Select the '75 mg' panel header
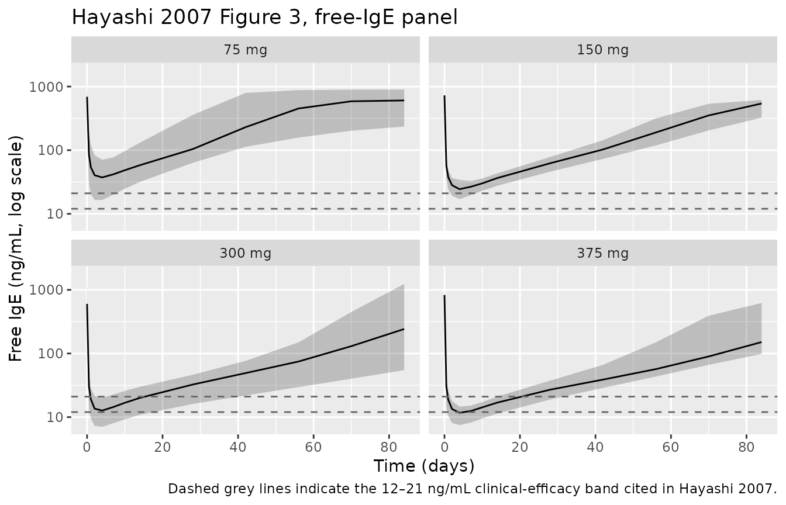246,50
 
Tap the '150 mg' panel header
603,50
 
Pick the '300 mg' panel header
246,253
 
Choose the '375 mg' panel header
603,253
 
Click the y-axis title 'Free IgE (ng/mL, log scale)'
17,249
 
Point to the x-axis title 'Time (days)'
424,466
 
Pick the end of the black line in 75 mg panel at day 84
404,101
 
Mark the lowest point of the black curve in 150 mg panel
460,189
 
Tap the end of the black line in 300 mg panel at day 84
404,329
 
